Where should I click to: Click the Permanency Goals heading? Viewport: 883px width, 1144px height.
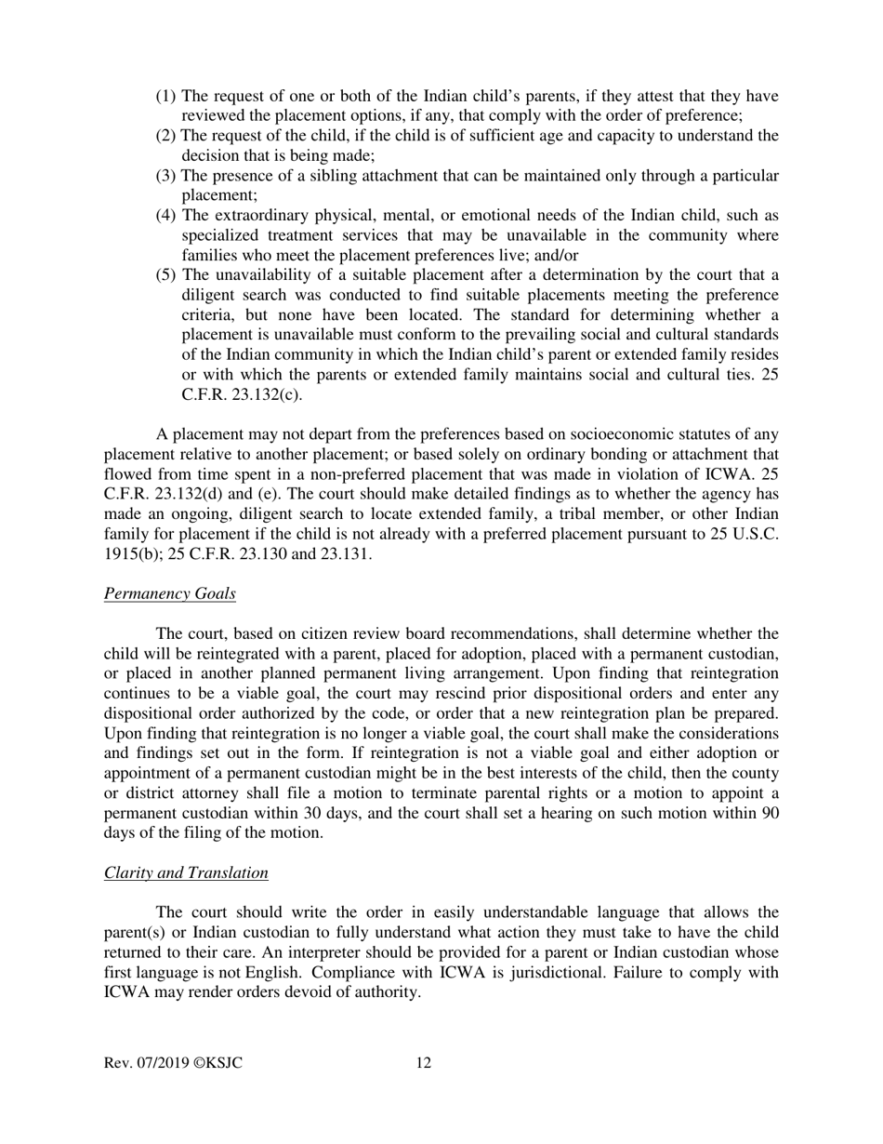click(169, 593)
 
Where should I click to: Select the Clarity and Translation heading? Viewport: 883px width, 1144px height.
click(186, 872)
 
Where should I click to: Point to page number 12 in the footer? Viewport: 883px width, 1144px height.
click(423, 1063)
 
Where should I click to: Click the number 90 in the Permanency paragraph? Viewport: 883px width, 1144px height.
click(770, 813)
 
